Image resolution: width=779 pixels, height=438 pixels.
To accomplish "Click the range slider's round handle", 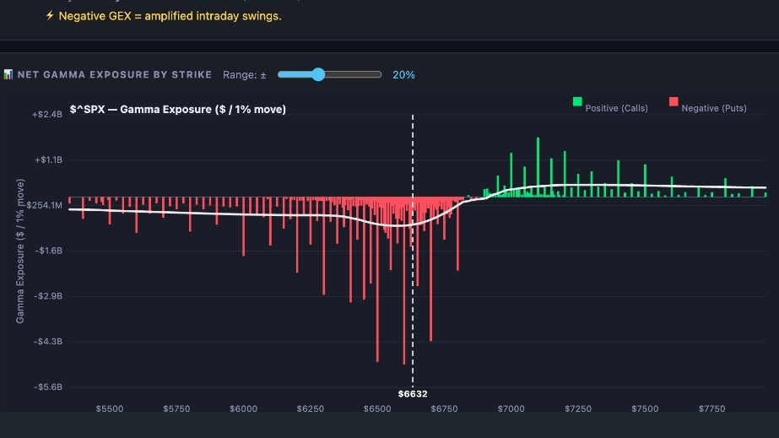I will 318,74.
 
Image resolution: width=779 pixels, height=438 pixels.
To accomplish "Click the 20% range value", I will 403,75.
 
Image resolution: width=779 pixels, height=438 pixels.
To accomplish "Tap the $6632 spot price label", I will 413,394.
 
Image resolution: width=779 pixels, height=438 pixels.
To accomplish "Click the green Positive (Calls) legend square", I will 577,102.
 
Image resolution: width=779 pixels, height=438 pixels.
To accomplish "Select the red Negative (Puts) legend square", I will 674,102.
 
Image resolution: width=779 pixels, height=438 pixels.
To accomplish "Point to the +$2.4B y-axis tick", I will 47,114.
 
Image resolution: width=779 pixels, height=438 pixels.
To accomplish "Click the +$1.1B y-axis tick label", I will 47,160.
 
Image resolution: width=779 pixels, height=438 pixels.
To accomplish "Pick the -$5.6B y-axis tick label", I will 47,387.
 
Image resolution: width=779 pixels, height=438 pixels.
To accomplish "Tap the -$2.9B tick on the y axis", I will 47,296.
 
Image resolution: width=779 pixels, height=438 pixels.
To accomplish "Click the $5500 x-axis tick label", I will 110,409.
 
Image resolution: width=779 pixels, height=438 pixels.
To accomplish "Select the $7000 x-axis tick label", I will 511,409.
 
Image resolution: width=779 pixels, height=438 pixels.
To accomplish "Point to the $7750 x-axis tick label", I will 711,409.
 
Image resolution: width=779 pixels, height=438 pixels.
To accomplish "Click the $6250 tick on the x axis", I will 311,409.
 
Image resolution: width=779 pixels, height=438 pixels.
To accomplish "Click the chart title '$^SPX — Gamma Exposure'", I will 177,109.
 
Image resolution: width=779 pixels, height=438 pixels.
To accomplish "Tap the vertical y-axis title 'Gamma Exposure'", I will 20,250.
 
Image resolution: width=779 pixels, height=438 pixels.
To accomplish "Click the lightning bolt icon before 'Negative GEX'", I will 50,16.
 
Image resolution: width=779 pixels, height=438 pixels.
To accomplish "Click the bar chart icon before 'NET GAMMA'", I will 8,75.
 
